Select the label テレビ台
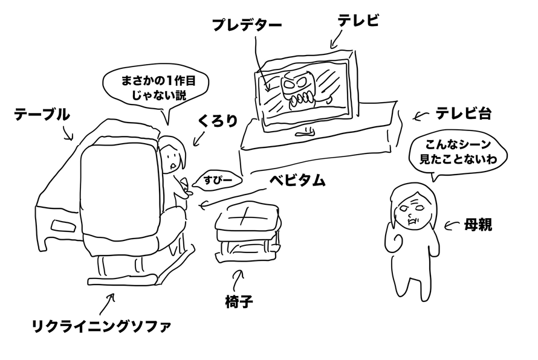tap(463, 113)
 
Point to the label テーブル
tap(42, 114)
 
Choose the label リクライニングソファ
tap(101, 328)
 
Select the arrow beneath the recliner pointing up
tap(109, 301)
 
